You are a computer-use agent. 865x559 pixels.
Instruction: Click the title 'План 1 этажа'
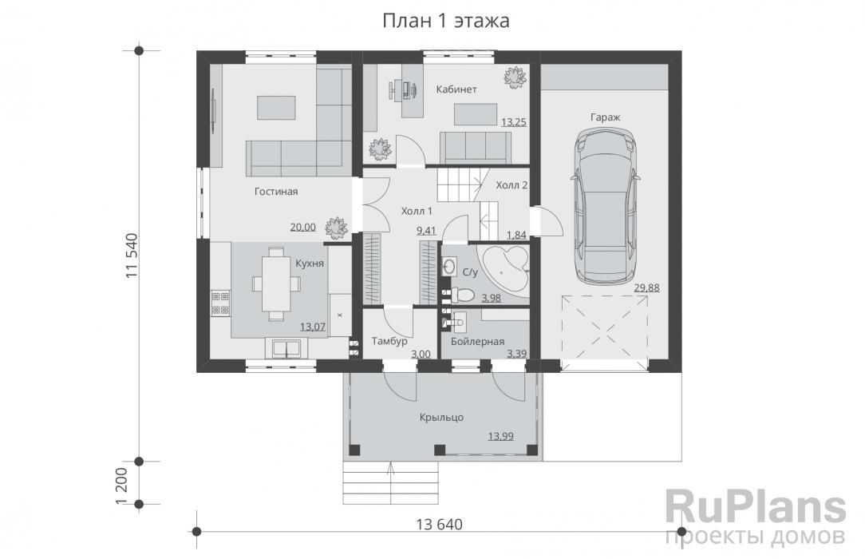[446, 21]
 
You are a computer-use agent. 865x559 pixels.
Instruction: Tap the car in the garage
[606, 206]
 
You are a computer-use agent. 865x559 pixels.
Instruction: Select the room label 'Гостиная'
[276, 192]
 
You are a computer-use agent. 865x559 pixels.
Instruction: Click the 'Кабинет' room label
[456, 89]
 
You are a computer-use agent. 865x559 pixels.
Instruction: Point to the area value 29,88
[646, 287]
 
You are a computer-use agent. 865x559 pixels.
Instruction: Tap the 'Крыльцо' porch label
[441, 417]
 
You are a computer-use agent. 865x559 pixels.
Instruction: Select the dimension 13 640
[439, 524]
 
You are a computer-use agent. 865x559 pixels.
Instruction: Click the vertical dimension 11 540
[132, 256]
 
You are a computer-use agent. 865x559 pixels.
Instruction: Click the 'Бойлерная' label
[478, 342]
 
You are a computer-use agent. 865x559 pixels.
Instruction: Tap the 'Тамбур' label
[389, 341]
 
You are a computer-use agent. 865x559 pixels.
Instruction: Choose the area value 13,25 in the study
[514, 122]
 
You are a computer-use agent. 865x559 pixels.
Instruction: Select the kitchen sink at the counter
[285, 349]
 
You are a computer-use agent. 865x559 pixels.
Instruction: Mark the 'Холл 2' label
[511, 184]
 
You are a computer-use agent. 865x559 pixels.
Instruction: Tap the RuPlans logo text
[755, 506]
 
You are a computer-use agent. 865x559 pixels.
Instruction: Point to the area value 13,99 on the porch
[500, 436]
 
